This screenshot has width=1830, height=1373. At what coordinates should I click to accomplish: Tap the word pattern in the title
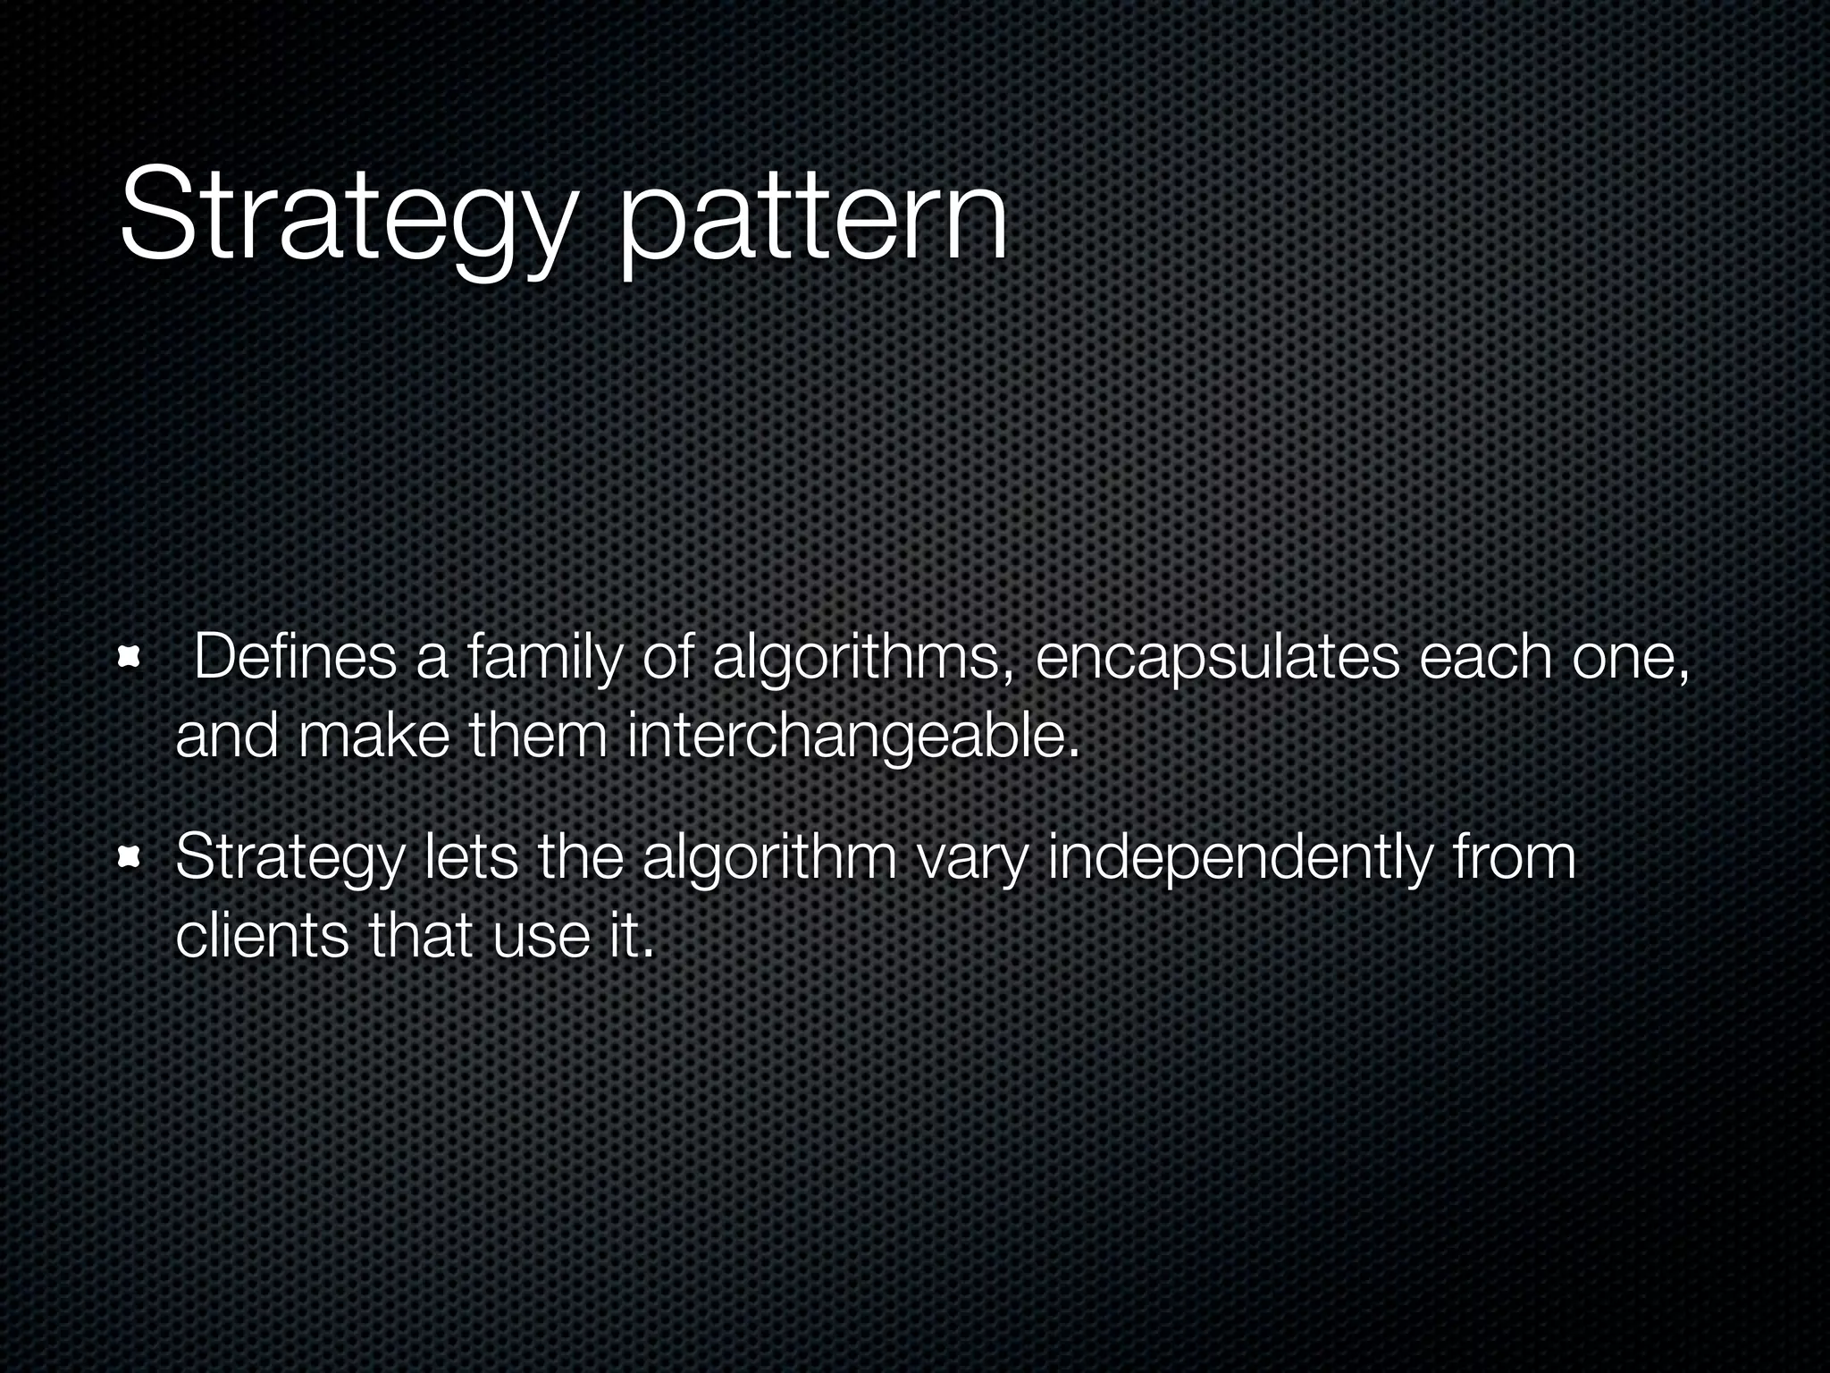(813, 219)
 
